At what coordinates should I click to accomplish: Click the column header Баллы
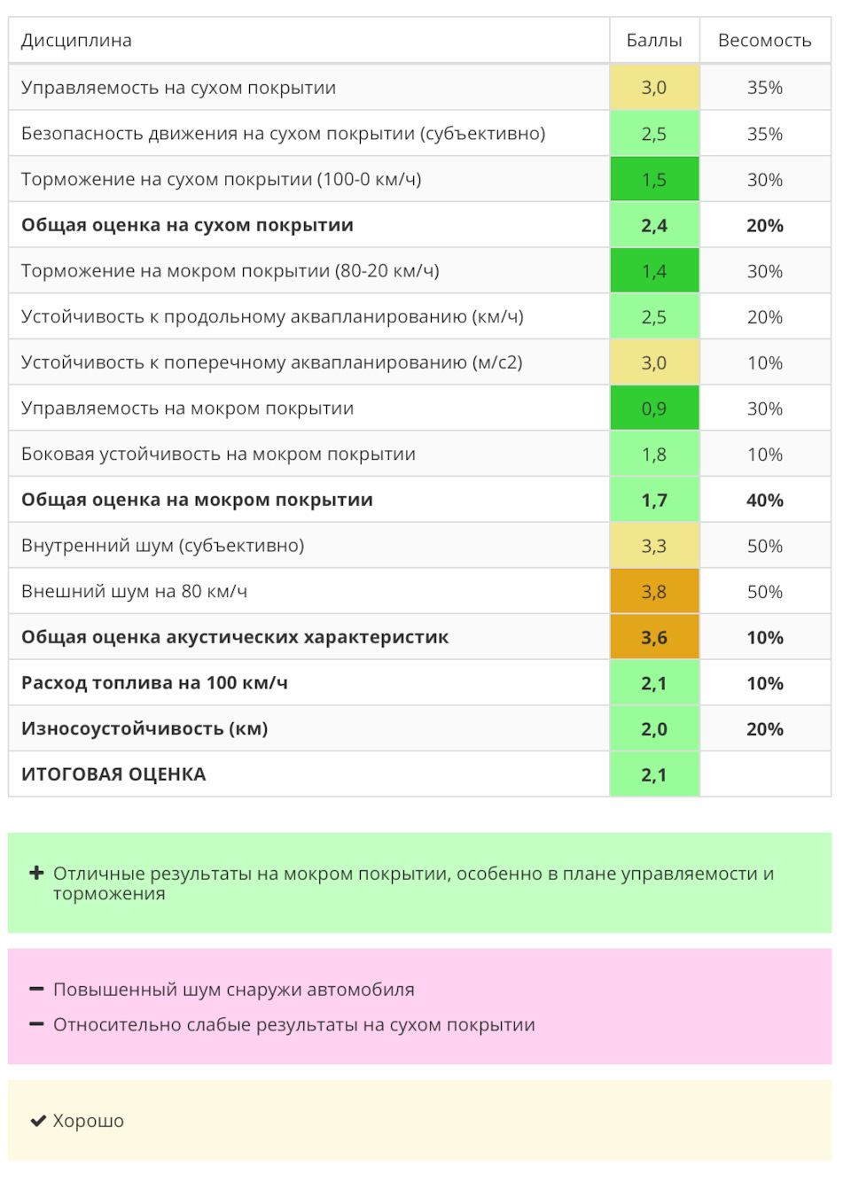[654, 41]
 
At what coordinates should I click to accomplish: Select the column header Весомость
[764, 41]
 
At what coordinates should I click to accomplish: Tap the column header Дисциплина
[76, 41]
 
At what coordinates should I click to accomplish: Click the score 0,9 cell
[654, 408]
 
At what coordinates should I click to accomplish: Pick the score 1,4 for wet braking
[654, 271]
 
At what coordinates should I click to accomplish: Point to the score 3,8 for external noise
[654, 592]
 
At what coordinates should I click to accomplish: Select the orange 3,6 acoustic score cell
[654, 638]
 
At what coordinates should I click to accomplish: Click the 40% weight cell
[764, 501]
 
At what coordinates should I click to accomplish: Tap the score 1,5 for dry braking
[654, 180]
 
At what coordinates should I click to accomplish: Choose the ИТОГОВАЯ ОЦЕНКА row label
[113, 774]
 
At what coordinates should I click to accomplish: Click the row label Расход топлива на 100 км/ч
[154, 683]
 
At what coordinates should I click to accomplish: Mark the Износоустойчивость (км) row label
[144, 729]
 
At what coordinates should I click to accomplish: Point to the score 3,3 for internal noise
[654, 546]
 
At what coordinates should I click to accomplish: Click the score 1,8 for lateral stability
[654, 455]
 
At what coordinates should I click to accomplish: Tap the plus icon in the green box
[36, 873]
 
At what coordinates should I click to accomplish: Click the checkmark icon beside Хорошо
[38, 1121]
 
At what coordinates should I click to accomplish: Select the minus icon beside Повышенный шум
[36, 989]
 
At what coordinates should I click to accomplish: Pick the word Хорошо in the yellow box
[89, 1121]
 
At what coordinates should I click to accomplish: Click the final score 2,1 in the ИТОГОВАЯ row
[654, 775]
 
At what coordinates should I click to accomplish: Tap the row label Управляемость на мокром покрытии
[187, 408]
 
